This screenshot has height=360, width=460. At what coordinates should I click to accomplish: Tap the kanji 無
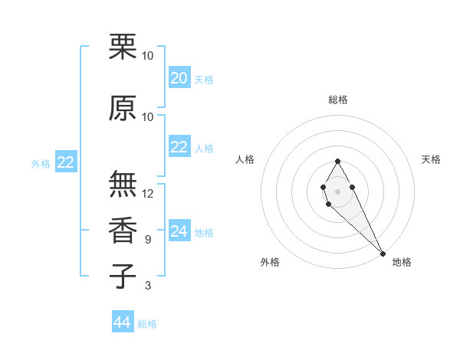(x=123, y=185)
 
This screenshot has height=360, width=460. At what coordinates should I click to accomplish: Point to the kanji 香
(x=123, y=231)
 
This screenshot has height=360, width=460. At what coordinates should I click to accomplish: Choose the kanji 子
(x=123, y=276)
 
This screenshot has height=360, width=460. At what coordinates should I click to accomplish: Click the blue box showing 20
(x=179, y=77)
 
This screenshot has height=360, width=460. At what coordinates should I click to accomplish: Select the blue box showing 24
(x=179, y=231)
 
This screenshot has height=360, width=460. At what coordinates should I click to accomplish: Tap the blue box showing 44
(x=123, y=322)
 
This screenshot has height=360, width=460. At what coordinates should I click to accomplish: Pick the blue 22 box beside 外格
(x=66, y=162)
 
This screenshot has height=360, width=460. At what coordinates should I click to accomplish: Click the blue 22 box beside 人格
(x=179, y=147)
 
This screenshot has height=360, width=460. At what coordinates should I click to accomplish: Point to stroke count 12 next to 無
(x=148, y=194)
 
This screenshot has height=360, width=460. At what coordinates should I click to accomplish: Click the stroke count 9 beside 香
(x=148, y=240)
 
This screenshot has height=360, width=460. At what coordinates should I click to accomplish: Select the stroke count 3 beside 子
(x=148, y=286)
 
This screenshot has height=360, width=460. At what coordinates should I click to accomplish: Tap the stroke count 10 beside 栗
(x=148, y=56)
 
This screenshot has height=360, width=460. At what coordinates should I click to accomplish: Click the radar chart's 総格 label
(x=338, y=100)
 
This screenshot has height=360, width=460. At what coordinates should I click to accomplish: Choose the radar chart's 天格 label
(x=431, y=159)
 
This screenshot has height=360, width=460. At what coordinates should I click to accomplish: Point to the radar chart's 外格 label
(x=270, y=262)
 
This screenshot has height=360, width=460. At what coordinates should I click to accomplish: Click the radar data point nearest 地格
(x=383, y=253)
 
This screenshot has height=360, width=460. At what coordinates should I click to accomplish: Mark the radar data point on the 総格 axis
(x=337, y=161)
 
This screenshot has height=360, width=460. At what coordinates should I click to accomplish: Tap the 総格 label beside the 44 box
(x=147, y=324)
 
